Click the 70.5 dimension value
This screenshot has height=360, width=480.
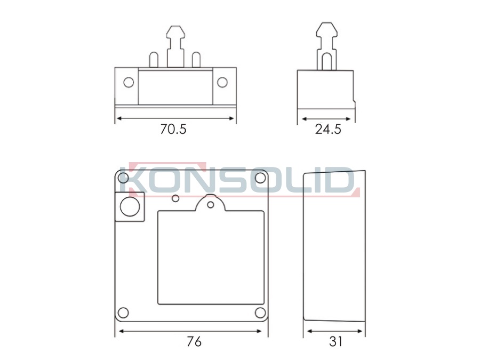pos(173,129)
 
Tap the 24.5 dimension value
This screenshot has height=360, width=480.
pos(328,129)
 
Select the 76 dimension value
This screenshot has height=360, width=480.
pos(194,341)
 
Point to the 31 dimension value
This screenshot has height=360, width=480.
pos(335,341)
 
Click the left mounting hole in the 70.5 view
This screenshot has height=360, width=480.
pos(129,82)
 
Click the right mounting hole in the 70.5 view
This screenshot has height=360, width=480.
pos(222,82)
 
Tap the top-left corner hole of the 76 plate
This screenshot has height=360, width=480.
pos(123,178)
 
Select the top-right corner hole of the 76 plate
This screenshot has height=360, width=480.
pos(260,178)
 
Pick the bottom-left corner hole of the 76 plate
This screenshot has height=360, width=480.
pos(123,313)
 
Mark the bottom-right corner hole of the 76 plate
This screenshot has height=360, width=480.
pos(260,313)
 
